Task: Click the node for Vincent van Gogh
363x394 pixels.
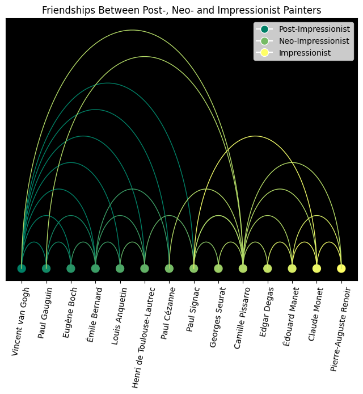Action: (22, 269)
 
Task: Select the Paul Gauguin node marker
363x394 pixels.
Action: (46, 269)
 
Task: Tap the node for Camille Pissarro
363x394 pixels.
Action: (243, 269)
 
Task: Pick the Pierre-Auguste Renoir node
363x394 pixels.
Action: (341, 269)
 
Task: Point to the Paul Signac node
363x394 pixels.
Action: (193, 269)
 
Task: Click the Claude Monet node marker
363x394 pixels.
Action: (316, 269)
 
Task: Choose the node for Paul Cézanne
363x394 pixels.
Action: (169, 269)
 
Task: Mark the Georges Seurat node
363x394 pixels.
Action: (218, 269)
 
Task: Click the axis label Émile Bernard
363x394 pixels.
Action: (94, 314)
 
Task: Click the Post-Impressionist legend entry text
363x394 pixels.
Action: (314, 29)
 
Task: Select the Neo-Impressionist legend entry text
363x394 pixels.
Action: (314, 41)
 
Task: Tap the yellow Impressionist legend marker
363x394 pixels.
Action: (264, 53)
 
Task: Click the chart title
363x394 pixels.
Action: (181, 10)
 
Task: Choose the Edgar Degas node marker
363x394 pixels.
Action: (267, 269)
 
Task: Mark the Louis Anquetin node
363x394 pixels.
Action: (120, 269)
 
